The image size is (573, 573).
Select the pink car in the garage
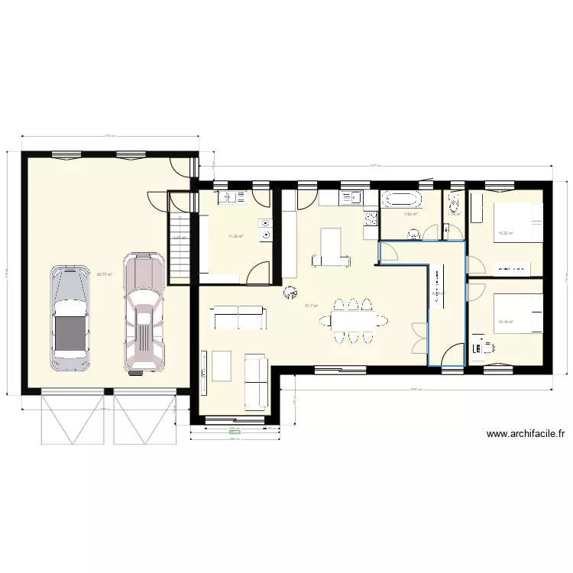tap(143, 314)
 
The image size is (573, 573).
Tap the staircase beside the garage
tap(179, 248)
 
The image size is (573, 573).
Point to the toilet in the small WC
tap(454, 203)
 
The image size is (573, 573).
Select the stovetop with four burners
tap(371, 220)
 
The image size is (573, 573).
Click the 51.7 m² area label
tap(312, 306)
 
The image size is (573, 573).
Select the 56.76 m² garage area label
tap(105, 274)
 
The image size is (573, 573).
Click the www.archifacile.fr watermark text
tap(526, 434)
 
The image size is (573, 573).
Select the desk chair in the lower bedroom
tap(487, 350)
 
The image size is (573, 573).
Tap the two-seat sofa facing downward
tap(238, 317)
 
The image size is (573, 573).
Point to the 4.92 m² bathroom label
tap(410, 215)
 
